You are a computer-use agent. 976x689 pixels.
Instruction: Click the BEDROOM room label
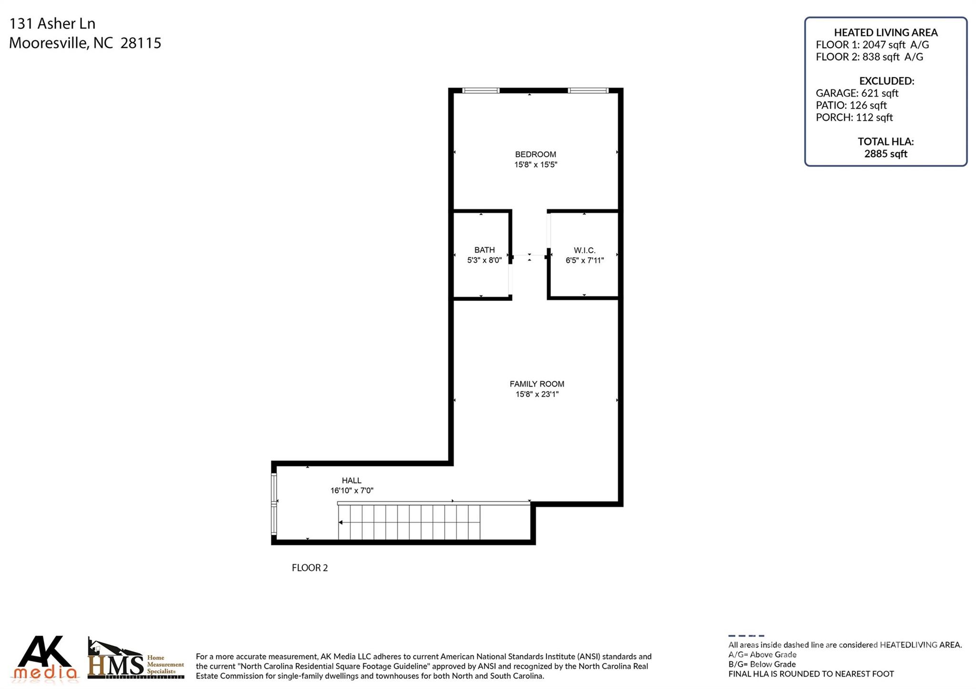click(535, 154)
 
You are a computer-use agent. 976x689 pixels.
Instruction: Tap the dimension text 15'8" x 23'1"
click(537, 394)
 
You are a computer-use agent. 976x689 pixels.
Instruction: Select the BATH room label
click(484, 250)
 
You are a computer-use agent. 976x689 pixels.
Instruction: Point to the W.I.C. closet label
click(584, 250)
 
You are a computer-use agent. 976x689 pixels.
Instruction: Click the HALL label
click(351, 480)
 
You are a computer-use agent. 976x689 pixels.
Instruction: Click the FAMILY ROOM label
click(537, 384)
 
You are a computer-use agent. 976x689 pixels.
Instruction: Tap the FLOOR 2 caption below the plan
click(310, 568)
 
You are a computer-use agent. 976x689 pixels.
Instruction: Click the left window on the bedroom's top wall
click(480, 90)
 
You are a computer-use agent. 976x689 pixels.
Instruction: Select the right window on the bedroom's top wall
click(588, 90)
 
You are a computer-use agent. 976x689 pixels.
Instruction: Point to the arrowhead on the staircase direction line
click(341, 522)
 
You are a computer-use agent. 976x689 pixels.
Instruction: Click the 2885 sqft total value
click(885, 154)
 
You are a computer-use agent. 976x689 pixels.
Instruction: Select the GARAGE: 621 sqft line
click(857, 93)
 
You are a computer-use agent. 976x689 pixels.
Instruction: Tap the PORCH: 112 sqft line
click(854, 118)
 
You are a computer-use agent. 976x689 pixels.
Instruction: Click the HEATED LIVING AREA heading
click(885, 32)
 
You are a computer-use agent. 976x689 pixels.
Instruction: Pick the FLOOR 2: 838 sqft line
click(869, 57)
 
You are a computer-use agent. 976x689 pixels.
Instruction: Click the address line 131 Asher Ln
click(52, 23)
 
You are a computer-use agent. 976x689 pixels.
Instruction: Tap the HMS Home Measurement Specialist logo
click(136, 659)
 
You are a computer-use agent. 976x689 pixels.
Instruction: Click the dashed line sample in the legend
click(746, 636)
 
